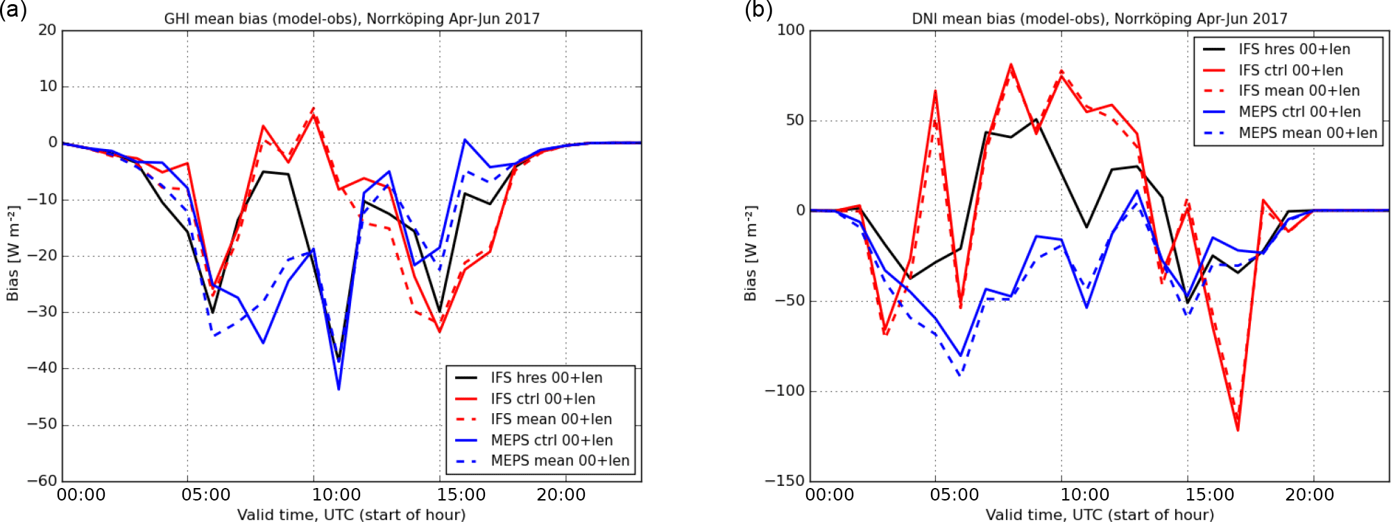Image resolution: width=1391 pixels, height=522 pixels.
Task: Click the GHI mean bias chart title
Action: coord(352,19)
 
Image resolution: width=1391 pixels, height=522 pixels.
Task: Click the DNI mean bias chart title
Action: coord(1100,19)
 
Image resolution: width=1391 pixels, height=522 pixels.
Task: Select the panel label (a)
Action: coord(13,10)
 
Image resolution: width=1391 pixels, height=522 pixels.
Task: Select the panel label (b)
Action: coord(758,10)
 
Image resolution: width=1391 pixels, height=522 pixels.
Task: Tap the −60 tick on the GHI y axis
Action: coord(42,480)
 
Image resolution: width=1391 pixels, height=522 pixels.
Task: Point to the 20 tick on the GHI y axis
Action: coord(48,30)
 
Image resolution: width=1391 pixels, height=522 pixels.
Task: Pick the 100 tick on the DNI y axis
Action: coord(791,30)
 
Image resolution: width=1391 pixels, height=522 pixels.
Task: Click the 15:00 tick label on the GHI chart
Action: coord(461,494)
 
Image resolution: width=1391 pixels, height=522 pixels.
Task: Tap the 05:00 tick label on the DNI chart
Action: coord(955,494)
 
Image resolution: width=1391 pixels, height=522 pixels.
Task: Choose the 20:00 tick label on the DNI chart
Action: coord(1310,494)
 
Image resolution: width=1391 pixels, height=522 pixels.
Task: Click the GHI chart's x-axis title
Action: coord(352,514)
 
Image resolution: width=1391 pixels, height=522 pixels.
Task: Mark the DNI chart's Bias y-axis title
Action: coord(750,254)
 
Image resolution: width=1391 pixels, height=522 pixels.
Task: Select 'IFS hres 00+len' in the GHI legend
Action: coord(547,378)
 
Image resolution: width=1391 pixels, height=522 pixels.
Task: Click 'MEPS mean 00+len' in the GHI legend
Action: coord(560,461)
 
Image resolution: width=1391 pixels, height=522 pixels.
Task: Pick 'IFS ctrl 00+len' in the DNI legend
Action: coord(1290,70)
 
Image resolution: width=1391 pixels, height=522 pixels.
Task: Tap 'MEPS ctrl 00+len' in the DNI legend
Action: coord(1299,112)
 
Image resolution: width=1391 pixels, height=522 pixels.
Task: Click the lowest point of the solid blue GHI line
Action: coord(339,389)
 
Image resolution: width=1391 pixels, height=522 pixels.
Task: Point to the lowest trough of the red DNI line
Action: coord(1238,430)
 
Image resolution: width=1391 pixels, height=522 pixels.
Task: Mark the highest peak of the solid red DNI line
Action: coord(1011,64)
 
